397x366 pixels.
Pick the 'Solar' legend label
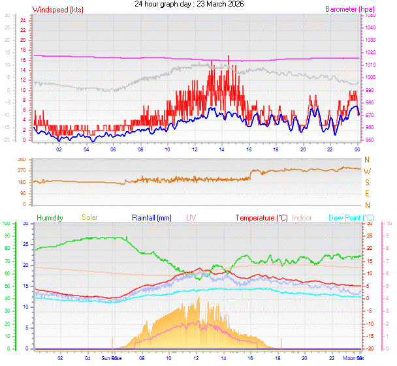click(x=89, y=217)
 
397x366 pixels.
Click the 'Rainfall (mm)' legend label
click(x=151, y=217)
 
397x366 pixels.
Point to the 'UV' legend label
click(x=191, y=217)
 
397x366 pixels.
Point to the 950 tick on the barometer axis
click(x=370, y=140)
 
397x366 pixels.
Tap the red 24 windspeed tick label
click(x=22, y=20)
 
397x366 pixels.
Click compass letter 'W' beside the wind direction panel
click(x=367, y=171)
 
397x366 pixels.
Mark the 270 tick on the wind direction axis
click(x=22, y=171)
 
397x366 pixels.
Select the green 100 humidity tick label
click(x=7, y=223)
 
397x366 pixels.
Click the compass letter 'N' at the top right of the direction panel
click(x=367, y=160)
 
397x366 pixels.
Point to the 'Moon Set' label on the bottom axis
click(x=355, y=358)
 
